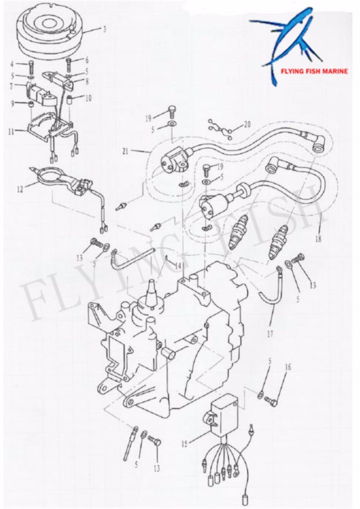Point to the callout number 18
tap(318, 239)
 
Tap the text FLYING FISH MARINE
tap(314, 71)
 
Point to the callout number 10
tap(89, 98)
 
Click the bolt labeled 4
tap(32, 68)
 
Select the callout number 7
tap(12, 86)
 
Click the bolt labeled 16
tap(272, 400)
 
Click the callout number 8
tap(86, 81)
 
